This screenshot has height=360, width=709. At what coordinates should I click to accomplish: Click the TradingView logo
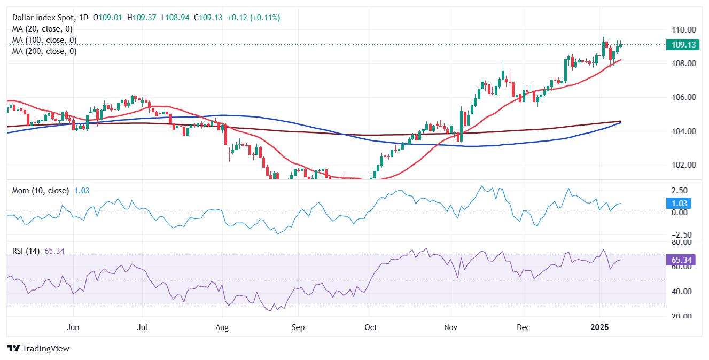tap(38, 348)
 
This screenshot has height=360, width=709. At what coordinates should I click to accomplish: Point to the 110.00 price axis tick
tap(684, 29)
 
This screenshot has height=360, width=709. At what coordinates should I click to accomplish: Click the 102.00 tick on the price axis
tap(684, 165)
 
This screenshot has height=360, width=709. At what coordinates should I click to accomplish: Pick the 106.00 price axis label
tap(684, 97)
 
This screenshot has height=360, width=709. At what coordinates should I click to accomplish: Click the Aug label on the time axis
tap(222, 327)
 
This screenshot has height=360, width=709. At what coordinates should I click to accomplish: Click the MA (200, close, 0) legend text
tap(44, 51)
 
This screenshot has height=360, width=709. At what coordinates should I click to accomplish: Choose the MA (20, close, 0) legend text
tap(42, 29)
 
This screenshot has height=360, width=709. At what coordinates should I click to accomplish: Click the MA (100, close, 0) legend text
tap(44, 40)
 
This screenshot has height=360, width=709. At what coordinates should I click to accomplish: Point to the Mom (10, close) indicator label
tap(41, 191)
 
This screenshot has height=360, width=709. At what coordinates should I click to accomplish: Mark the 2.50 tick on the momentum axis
tap(680, 191)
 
